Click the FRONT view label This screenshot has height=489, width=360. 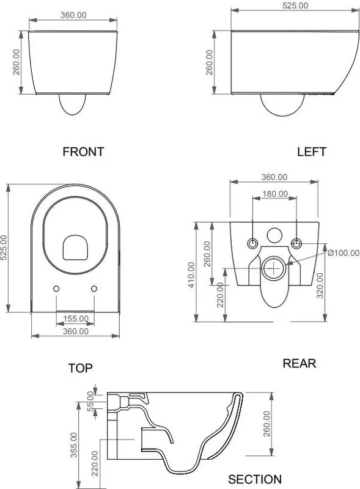coord(83,152)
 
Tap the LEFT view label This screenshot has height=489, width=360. coord(312,152)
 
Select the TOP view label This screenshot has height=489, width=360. coord(81,368)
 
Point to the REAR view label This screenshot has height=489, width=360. coord(299,363)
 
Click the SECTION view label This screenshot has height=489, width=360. coord(255,479)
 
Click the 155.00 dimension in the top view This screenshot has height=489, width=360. coord(76,318)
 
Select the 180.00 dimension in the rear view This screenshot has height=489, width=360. coord(275,194)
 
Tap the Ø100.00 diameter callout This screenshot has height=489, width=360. coord(343,252)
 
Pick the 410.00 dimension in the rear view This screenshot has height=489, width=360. coord(191,274)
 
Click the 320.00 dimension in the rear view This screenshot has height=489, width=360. coord(320,285)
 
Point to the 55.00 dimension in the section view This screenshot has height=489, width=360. coord(90,402)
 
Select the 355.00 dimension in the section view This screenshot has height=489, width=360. coord(74,445)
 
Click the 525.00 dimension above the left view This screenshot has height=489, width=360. coord(295,6)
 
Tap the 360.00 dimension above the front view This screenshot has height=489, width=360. coord(73,15)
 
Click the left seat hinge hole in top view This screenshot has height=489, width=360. coord(56,289)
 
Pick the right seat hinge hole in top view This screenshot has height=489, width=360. coord(94,289)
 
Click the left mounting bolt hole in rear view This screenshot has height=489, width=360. coord(252,243)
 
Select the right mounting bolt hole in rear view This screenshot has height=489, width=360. coord(296,243)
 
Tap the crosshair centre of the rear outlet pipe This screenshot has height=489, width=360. coord(274,268)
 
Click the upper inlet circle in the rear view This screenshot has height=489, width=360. coord(274,235)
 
